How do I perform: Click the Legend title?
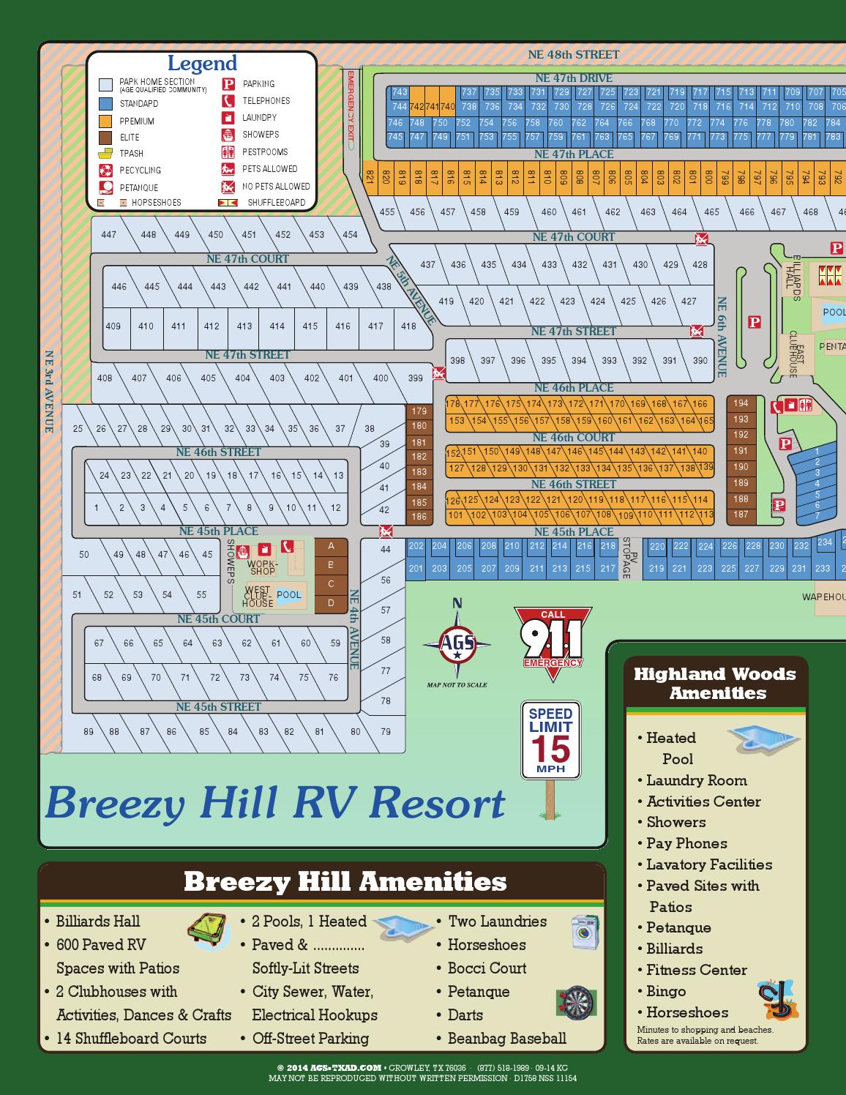tap(202, 64)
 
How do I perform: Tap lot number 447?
tap(108, 235)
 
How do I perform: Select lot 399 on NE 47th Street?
tap(415, 378)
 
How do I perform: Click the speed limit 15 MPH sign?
tap(550, 740)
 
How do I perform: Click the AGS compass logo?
tap(457, 645)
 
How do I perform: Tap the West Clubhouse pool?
tap(289, 595)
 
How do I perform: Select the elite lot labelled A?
tap(332, 546)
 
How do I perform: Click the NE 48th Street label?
tap(574, 54)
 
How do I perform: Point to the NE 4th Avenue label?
tap(353, 629)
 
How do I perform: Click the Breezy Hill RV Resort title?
tap(275, 802)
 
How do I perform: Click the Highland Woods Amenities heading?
tap(715, 683)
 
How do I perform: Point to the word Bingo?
tap(666, 991)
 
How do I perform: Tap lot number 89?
tap(89, 731)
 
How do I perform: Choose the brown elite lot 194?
tap(741, 403)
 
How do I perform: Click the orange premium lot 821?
tap(370, 177)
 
